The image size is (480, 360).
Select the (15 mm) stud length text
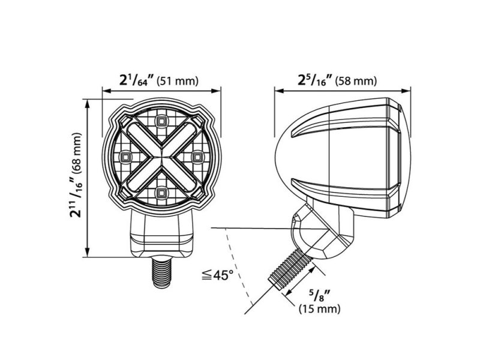[x=320, y=309]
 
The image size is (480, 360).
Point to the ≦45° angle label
[x=217, y=276]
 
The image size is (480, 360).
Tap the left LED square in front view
[x=126, y=157]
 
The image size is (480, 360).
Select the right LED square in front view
[x=197, y=157]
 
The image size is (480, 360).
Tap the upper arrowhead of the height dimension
[x=89, y=104]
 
